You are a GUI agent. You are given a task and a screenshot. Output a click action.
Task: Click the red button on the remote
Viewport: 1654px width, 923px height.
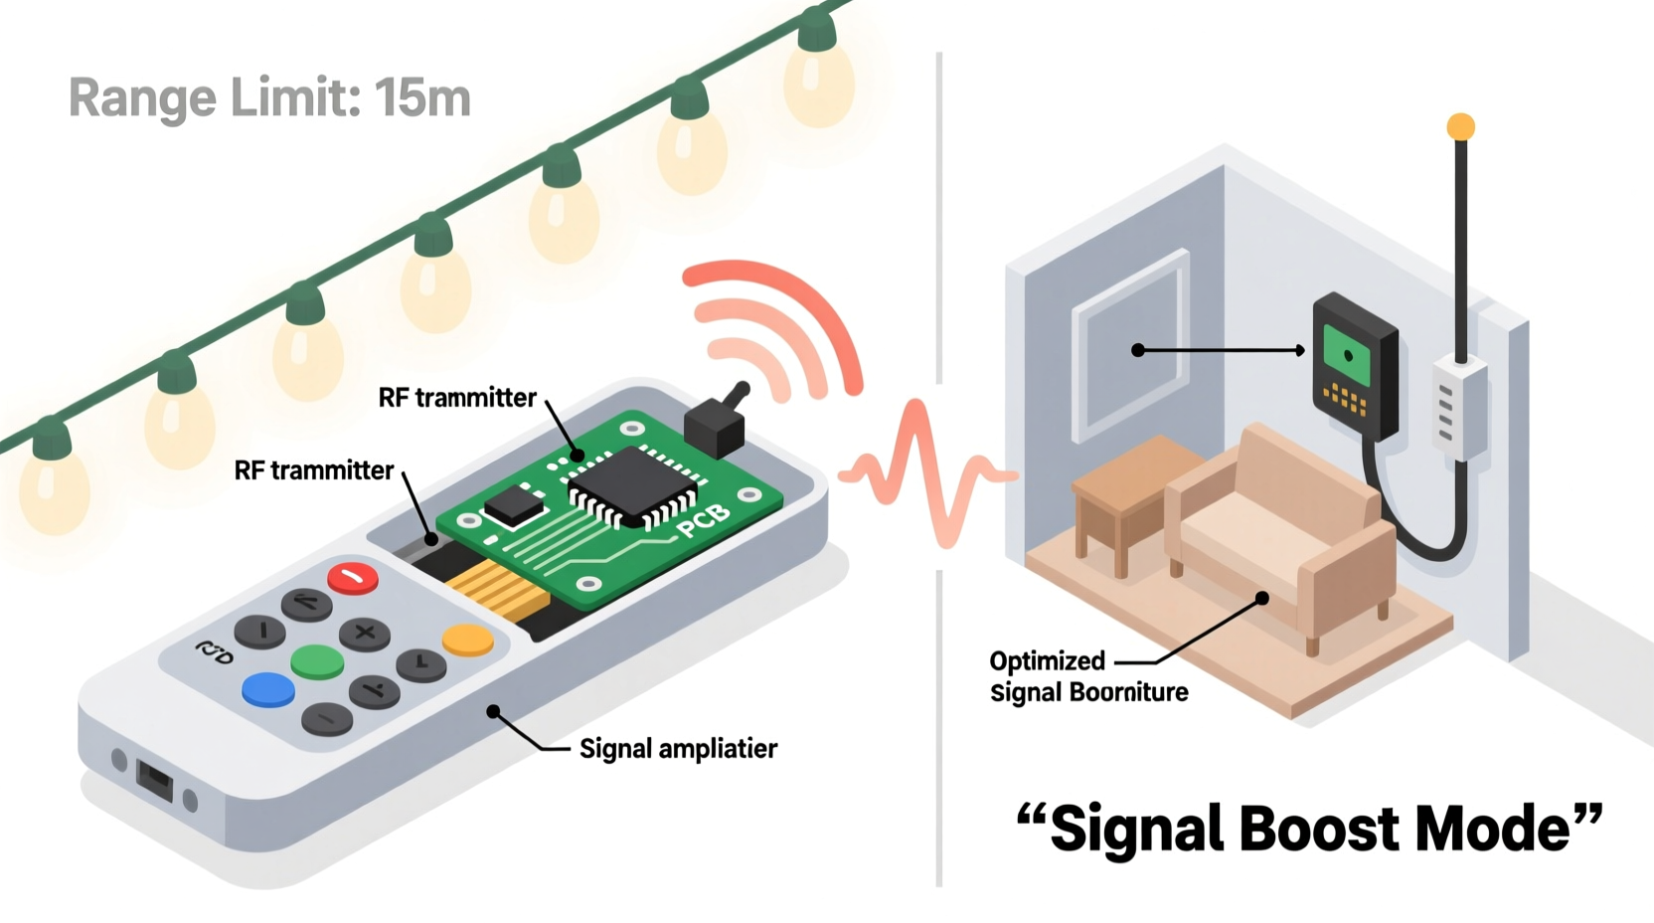tap(353, 578)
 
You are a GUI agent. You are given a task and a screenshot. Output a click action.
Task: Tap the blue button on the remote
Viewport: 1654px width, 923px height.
tap(268, 689)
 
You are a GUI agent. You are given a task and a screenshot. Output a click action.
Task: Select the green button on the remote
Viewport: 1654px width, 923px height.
tap(318, 661)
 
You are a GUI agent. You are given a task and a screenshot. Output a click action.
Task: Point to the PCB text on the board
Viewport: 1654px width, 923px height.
tap(704, 520)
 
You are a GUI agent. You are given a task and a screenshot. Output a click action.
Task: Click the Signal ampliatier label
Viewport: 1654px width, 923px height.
tap(678, 749)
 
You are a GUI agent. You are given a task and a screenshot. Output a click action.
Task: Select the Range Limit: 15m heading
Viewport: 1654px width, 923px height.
tap(269, 98)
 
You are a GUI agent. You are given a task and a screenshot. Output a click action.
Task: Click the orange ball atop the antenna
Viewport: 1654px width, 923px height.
tap(1460, 126)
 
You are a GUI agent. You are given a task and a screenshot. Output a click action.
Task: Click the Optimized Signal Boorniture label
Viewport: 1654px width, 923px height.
tap(1088, 677)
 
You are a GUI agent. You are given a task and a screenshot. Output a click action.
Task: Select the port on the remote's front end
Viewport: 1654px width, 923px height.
tap(154, 781)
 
